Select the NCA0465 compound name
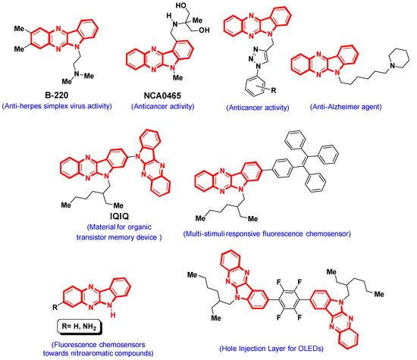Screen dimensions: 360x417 tap(161, 95)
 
